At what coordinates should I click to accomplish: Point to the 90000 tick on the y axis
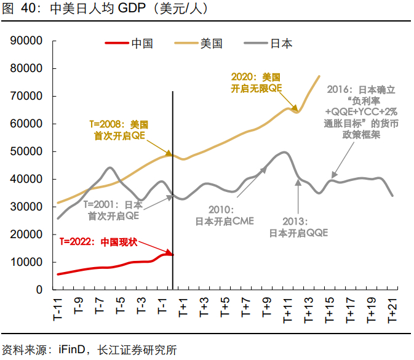coord(26,41)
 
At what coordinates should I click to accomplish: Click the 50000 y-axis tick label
coord(26,151)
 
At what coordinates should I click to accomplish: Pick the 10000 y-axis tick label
coord(26,262)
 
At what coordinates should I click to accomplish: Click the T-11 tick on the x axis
coord(58,307)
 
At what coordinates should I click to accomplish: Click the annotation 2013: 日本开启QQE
coord(298,227)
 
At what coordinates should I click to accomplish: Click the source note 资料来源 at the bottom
coord(89,350)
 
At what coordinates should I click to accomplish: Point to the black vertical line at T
coord(173,185)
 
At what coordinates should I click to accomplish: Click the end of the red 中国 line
coord(172,254)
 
